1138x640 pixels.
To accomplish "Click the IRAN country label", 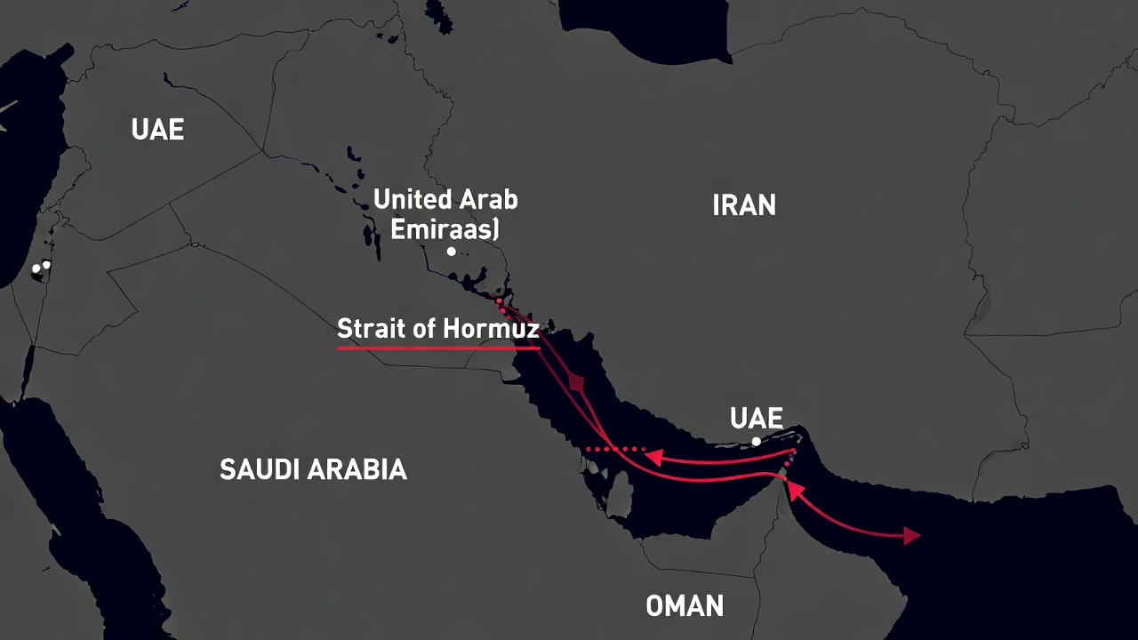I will [744, 205].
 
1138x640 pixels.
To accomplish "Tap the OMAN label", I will [685, 606].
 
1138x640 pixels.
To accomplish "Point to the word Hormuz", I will [502, 329].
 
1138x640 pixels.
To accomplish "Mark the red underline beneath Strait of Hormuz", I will [438, 348].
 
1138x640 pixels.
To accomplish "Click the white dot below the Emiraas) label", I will [452, 252].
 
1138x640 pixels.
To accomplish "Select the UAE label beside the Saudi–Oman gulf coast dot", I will [757, 419].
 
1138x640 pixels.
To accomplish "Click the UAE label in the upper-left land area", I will [157, 130].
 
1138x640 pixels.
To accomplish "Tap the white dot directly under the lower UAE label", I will [757, 441].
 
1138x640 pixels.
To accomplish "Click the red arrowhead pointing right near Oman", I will [912, 535].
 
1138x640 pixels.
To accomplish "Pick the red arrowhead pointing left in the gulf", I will [653, 457].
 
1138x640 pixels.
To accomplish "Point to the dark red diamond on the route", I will [579, 384].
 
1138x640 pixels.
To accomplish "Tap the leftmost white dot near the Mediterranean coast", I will [36, 268].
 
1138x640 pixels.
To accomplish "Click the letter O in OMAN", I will [654, 606].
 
